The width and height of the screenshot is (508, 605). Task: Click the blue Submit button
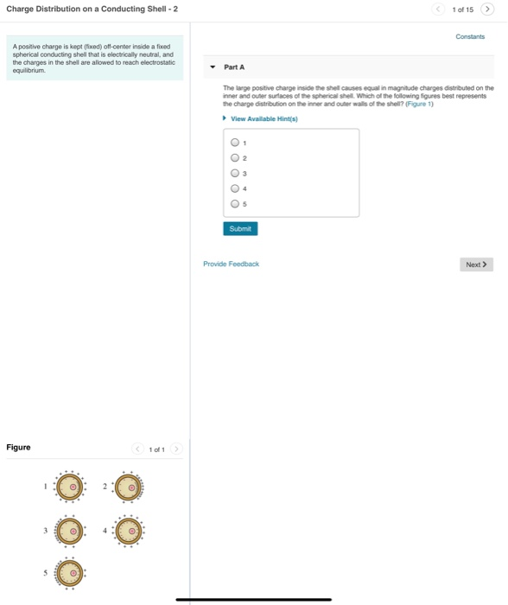point(240,229)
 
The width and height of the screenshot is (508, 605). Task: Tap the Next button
point(476,264)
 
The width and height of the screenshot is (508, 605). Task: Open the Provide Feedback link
point(231,264)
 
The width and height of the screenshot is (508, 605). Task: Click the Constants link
point(470,36)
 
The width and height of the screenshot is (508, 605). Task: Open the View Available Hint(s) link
point(264,119)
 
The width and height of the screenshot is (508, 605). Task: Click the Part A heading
point(234,67)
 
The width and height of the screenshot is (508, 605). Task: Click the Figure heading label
point(18,447)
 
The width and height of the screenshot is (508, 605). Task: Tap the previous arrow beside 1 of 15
point(441,10)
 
